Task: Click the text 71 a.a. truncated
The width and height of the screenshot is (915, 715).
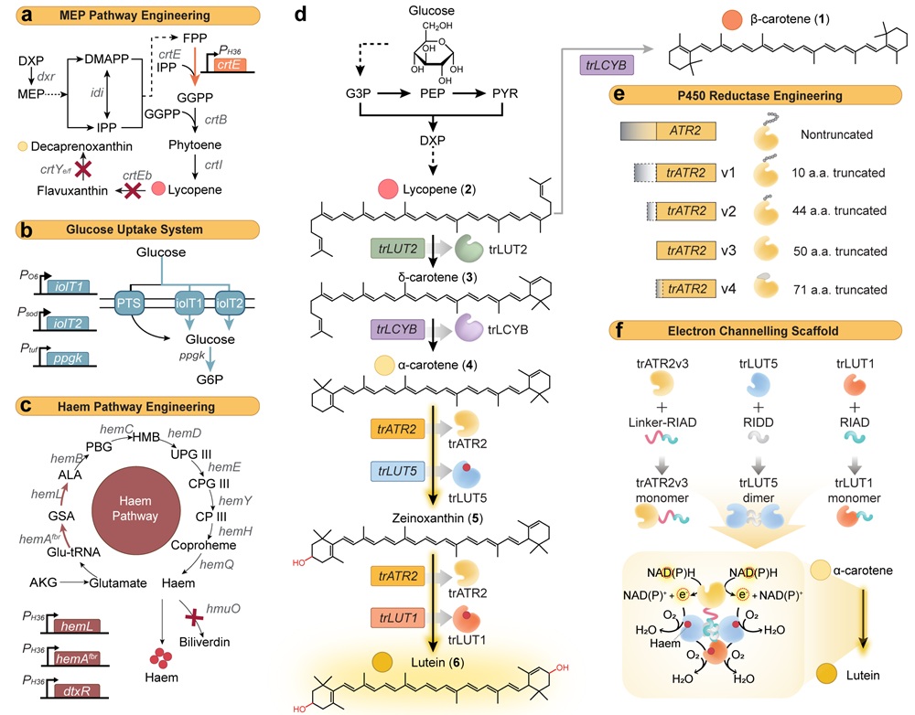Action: tap(838, 290)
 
